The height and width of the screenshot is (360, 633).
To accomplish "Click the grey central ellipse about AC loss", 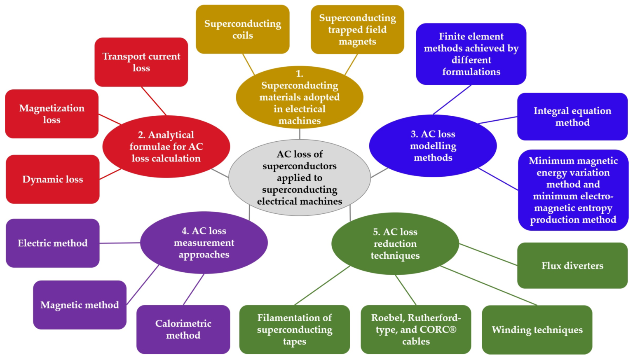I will (300, 178).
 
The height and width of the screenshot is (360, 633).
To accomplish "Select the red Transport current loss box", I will (141, 62).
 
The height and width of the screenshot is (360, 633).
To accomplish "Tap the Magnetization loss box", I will (52, 114).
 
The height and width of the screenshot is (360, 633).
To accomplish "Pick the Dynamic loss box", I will (53, 179).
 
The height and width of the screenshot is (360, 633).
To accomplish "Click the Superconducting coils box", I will (243, 29).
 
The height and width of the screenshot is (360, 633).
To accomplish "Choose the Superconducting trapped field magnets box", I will (357, 30).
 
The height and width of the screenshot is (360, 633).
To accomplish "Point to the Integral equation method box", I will (572, 117).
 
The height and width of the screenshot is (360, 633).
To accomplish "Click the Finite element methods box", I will (471, 54).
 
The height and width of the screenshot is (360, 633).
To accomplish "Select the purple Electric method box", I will (53, 243).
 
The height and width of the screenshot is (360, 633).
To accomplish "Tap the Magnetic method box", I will (80, 305).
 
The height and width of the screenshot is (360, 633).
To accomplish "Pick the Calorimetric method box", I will (183, 329).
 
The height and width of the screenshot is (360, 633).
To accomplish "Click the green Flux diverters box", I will (572, 266).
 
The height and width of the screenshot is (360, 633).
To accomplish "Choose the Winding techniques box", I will (537, 330).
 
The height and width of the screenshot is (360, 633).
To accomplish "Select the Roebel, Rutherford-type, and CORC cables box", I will (416, 329).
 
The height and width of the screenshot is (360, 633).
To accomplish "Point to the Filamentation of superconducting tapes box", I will (295, 329).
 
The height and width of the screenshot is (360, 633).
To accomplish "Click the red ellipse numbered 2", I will (166, 147).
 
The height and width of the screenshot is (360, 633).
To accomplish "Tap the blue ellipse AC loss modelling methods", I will (433, 146).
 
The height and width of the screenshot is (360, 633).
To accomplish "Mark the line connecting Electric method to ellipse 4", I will (120, 243).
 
